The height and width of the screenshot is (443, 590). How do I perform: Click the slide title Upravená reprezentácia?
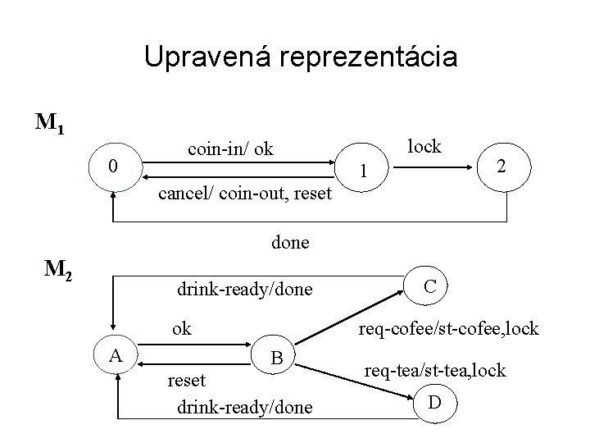point(301,57)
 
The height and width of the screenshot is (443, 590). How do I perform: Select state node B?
point(277,359)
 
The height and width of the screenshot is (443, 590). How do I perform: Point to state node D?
point(433,404)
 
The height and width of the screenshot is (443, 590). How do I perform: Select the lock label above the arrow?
point(424,146)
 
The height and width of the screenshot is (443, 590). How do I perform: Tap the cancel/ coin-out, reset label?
point(245,194)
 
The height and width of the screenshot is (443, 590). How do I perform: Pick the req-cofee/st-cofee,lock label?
point(446,329)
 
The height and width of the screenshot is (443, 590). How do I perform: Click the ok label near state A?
point(181,329)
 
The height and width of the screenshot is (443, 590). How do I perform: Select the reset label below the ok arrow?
point(187,381)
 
